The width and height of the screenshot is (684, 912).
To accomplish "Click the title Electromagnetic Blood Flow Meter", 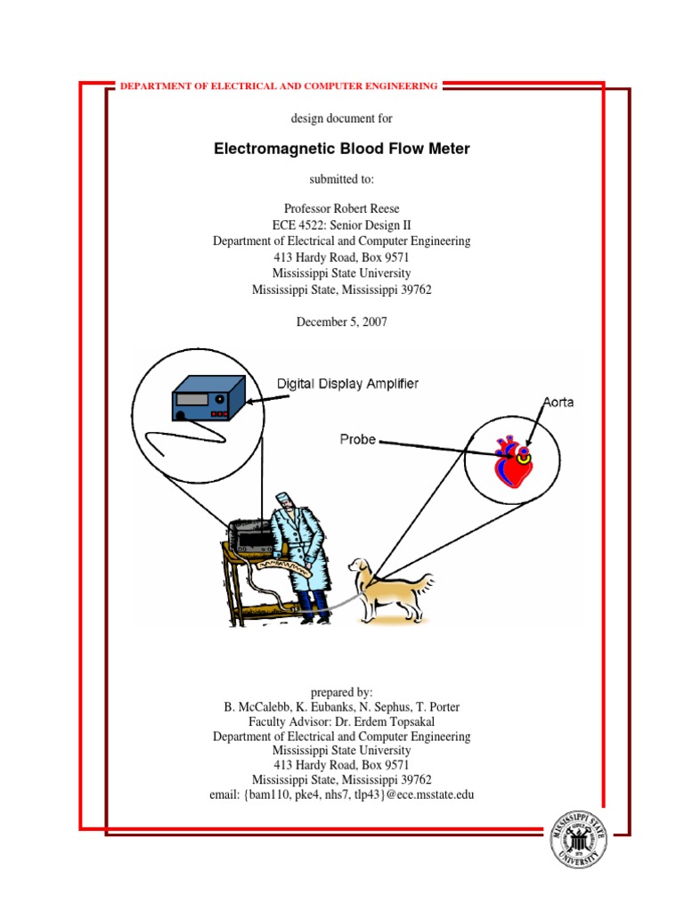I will point(342,149).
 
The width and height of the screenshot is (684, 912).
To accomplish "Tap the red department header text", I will point(277,86).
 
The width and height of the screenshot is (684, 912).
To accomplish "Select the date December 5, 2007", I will point(342,322).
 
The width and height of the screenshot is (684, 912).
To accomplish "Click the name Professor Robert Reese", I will point(342,208).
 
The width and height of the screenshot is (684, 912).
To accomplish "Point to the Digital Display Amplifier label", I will point(348,384).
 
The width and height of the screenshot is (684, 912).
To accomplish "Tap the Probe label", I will point(357,439).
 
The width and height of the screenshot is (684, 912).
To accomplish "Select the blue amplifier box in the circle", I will point(208,398).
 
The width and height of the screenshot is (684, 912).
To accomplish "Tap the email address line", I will point(342,794).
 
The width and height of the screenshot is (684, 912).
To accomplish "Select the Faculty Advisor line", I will point(342,721).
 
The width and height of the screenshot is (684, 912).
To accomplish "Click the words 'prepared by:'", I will point(342,692).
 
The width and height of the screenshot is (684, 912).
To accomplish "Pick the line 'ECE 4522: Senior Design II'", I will point(342,224).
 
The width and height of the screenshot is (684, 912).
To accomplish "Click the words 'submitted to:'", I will point(342,179).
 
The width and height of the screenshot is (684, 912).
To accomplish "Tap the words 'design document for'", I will point(342,118).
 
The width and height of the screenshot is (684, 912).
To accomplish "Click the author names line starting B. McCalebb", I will point(342,707).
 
